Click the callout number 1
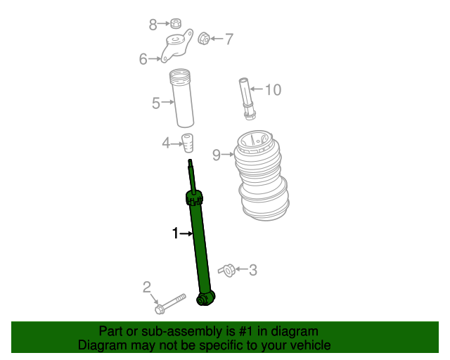click(x=176, y=233)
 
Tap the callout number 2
click(x=147, y=287)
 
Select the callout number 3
click(x=252, y=269)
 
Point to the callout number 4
click(x=166, y=143)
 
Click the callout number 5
click(x=156, y=103)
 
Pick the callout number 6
click(x=143, y=59)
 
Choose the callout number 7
click(x=229, y=39)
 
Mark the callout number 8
click(x=153, y=25)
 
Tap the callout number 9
click(x=217, y=155)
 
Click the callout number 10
click(x=272, y=90)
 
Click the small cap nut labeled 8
click(x=176, y=25)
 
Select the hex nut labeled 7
click(x=203, y=38)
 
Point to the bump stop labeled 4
click(x=188, y=141)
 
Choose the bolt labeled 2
click(x=169, y=303)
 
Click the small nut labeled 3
click(x=226, y=269)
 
